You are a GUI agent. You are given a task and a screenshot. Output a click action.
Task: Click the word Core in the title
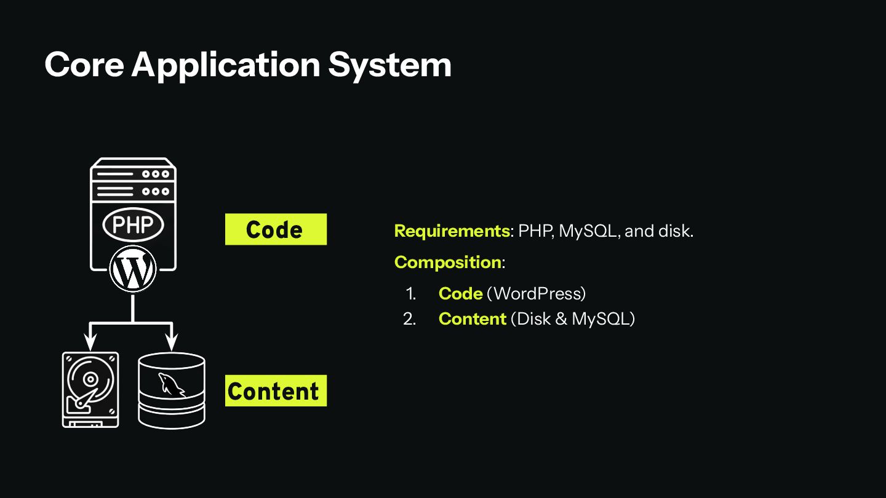(84, 64)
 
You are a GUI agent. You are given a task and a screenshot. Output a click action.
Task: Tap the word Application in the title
(226, 65)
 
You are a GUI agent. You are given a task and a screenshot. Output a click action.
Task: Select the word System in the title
(389, 65)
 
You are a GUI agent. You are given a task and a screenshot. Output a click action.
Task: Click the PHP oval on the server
(133, 224)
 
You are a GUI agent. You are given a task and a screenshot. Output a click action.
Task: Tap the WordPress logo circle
(133, 269)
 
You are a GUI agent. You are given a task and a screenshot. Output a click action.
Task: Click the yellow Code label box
(276, 229)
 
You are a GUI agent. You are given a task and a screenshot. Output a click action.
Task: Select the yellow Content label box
(276, 390)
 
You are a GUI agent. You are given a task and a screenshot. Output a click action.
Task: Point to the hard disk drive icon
(90, 389)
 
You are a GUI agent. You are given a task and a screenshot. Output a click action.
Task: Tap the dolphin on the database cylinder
(171, 384)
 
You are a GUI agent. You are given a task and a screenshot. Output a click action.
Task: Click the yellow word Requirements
(452, 231)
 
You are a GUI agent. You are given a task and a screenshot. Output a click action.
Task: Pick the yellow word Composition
(447, 262)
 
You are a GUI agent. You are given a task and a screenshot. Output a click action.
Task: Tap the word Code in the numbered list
(460, 293)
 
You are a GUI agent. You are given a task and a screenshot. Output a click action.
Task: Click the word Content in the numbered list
(472, 318)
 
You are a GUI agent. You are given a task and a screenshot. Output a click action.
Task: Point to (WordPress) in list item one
(536, 293)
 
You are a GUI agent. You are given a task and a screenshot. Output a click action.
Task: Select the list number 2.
(409, 318)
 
